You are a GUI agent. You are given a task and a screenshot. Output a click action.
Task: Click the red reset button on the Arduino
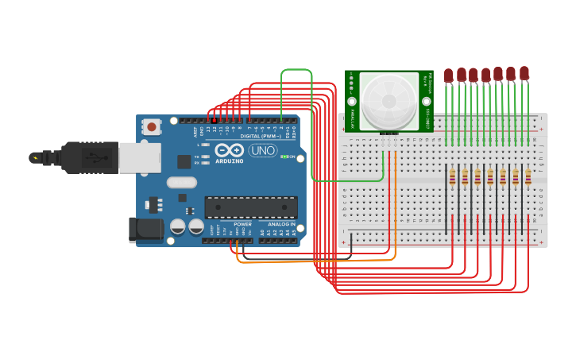click(151, 126)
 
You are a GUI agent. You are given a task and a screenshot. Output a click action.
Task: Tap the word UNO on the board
click(263, 150)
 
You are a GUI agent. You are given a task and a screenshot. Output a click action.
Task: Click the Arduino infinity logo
click(229, 150)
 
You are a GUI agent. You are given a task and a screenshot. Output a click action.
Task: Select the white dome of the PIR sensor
click(389, 101)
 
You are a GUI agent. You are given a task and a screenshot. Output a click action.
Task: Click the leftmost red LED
click(448, 75)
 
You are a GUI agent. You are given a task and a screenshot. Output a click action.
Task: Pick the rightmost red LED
click(524, 74)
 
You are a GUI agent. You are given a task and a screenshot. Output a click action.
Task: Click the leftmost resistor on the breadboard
click(452, 177)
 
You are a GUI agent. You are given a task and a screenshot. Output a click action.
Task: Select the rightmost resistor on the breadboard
click(528, 177)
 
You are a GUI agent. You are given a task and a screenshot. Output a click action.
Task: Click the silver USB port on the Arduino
click(140, 157)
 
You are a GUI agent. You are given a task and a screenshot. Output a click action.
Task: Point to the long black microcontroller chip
click(251, 207)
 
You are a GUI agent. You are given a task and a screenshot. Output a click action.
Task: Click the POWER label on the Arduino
click(242, 224)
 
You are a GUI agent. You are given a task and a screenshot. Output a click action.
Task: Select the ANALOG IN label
click(280, 224)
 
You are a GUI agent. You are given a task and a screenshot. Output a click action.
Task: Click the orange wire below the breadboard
click(318, 261)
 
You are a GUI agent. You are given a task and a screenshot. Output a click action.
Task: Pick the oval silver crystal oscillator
click(181, 182)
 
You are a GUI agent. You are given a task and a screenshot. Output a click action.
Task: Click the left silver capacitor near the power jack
click(178, 226)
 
